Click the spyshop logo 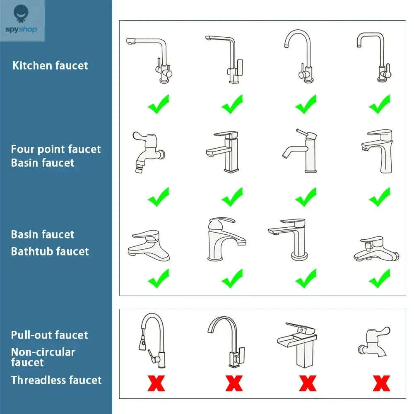pos(22,21)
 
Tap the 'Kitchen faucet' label pos(50,65)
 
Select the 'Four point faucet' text pos(55,149)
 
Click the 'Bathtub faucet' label pos(50,251)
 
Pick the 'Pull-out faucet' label pos(49,335)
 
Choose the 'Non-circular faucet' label pos(43,357)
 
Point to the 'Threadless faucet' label pos(56,380)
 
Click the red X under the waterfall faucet pos(308,383)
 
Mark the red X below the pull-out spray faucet pos(156,383)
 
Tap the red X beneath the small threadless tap pos(381,383)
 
